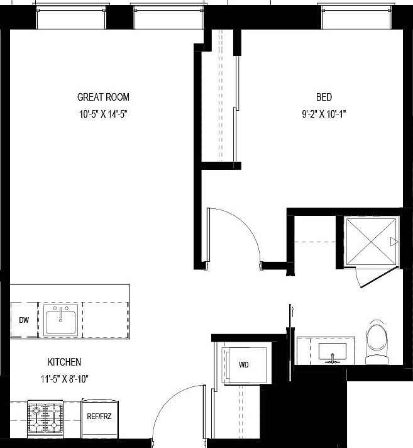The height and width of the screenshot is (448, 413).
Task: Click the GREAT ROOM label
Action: point(103,97)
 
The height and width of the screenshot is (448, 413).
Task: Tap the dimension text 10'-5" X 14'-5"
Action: point(103,115)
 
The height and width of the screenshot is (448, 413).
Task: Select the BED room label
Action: point(324,97)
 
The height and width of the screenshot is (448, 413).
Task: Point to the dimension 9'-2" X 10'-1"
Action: point(324,115)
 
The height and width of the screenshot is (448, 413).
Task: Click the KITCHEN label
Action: point(65,362)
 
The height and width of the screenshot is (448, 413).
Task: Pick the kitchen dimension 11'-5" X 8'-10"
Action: point(65,379)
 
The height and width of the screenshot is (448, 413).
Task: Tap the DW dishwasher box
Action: point(24,320)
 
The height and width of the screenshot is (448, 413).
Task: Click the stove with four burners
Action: point(45,417)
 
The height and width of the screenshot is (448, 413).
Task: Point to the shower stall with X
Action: point(371,242)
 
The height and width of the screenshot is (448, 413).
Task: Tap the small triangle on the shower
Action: point(394,242)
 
